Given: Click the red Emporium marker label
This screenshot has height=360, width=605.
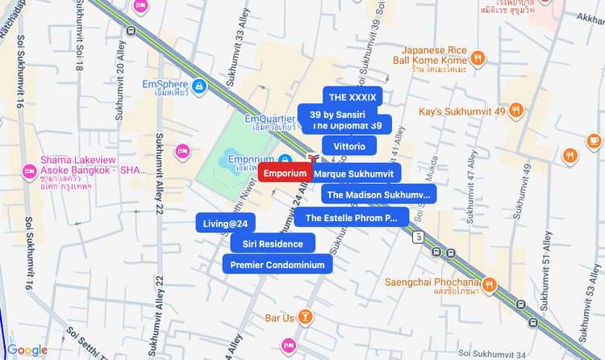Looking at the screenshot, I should pos(286,174).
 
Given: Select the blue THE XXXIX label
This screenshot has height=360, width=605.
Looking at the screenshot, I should pos(353,97).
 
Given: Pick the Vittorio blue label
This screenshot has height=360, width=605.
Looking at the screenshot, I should pos(348,146).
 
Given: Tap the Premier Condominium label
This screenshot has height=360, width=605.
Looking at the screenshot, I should pos(277,265).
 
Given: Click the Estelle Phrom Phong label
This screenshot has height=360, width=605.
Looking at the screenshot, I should pos(351,217).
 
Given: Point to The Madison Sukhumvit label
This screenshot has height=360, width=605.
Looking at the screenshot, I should pos(378,195).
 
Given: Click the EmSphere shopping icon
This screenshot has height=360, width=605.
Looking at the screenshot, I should pos(198,85).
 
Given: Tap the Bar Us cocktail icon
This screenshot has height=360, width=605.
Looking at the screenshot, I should pos(306,317).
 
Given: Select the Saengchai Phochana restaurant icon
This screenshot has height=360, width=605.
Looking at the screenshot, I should pos(489,283).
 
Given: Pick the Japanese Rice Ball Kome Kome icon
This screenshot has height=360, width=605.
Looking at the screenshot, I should pos(478,57).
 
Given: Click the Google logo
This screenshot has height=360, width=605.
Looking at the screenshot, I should pos(27,350).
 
